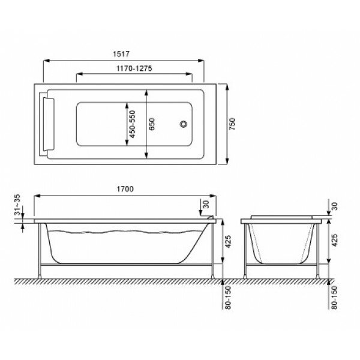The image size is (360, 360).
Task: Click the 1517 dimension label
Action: tap(121, 54)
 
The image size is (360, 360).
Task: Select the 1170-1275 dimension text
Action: tap(134, 68)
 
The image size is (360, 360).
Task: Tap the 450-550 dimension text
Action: tap(132, 124)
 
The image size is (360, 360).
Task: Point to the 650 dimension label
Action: tap(152, 124)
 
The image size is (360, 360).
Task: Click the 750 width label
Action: tap(232, 124)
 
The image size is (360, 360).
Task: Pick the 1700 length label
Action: tap(125, 189)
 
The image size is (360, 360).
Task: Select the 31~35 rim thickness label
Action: tap(17, 205)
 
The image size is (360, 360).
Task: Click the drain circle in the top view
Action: tap(184, 124)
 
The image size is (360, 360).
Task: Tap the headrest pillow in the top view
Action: tap(49, 124)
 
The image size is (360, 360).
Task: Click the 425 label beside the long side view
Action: tap(228, 242)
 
